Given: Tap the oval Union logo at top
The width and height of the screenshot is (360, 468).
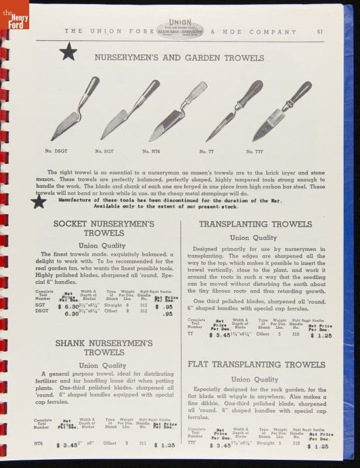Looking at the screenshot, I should [x=180, y=29].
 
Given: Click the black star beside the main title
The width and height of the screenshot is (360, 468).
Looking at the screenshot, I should [x=68, y=52].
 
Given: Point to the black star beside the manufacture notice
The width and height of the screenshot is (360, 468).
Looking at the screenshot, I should [x=39, y=202].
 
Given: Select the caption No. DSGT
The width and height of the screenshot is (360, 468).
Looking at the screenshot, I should [x=57, y=151].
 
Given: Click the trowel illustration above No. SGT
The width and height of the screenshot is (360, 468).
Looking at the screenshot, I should [x=130, y=109].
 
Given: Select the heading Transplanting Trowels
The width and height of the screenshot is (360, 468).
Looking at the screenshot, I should [x=255, y=224].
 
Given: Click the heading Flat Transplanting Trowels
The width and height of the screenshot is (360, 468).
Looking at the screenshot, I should [x=257, y=364].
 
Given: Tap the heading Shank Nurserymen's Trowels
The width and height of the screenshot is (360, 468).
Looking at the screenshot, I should [x=103, y=347].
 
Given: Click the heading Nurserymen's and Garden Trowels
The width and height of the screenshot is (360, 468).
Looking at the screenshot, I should [x=179, y=57].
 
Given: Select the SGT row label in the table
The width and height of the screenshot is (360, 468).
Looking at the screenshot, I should [x=40, y=305].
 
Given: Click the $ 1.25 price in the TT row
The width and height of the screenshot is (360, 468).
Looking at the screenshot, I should [x=321, y=336].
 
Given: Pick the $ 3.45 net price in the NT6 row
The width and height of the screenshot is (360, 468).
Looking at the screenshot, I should [x=68, y=445].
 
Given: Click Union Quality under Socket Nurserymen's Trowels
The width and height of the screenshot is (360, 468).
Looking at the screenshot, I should [x=102, y=246].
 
